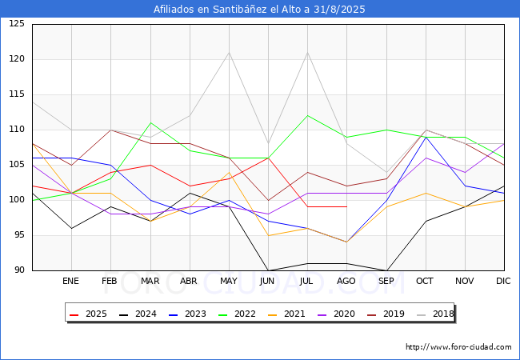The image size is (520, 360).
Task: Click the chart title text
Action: pyautogui.click(x=260, y=10)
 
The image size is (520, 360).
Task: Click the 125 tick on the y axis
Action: pyautogui.click(x=17, y=24)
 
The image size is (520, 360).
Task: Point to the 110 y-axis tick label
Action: pyautogui.click(x=17, y=130)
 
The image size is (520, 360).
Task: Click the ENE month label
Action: pyautogui.click(x=71, y=282)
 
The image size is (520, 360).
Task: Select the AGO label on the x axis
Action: pyautogui.click(x=346, y=282)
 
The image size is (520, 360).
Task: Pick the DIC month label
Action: pyautogui.click(x=503, y=282)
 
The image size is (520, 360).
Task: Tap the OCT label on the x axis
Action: pyautogui.click(x=425, y=282)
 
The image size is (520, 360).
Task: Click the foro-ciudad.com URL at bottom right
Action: pyautogui.click(x=458, y=347)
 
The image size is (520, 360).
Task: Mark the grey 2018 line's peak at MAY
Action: pyautogui.click(x=229, y=53)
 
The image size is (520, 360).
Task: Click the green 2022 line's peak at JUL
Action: pyautogui.click(x=307, y=116)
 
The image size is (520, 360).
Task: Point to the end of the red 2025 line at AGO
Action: pyautogui.click(x=346, y=207)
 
